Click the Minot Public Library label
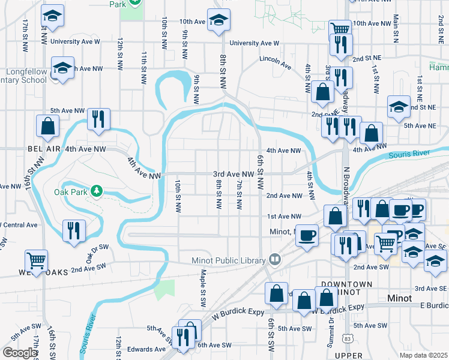[x=228, y=260]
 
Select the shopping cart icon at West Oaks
[x=37, y=261]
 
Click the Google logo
[x=19, y=352]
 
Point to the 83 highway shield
[x=348, y=340]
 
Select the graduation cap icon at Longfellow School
[x=62, y=68]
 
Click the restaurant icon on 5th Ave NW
[x=97, y=119]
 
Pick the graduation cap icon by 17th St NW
[x=52, y=17]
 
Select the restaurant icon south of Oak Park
[x=73, y=230]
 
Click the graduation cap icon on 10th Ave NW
[x=218, y=20]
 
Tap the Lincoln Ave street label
[x=275, y=59]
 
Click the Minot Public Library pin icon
[x=275, y=259]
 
